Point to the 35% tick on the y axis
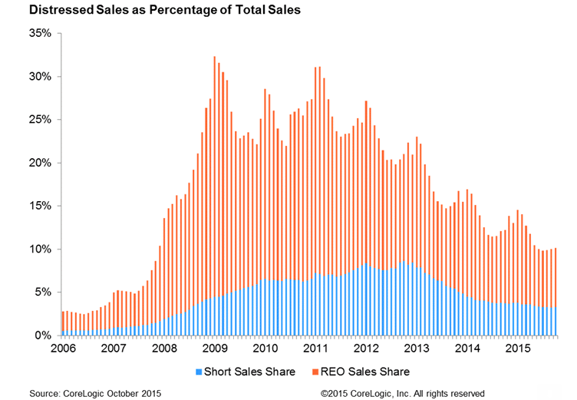point(40,34)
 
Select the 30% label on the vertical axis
point(40,77)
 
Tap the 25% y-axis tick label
point(40,120)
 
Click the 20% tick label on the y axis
point(40,163)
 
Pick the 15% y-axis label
point(40,206)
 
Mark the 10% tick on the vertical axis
point(40,250)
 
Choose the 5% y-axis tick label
point(43,293)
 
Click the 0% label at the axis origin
point(43,336)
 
